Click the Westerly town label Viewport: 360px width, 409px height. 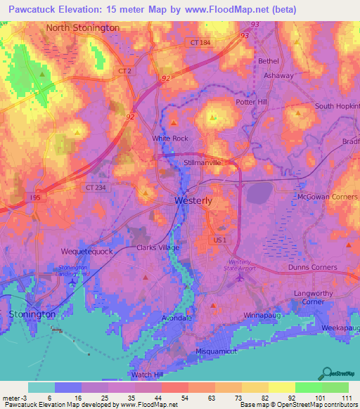[193, 200]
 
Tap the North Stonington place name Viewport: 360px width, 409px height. [83, 27]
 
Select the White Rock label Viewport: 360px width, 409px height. [170, 138]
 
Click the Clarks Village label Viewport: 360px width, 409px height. [158, 247]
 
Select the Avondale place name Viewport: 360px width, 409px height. [178, 317]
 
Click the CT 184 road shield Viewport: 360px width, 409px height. [200, 43]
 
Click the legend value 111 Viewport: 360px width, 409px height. [346, 398]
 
